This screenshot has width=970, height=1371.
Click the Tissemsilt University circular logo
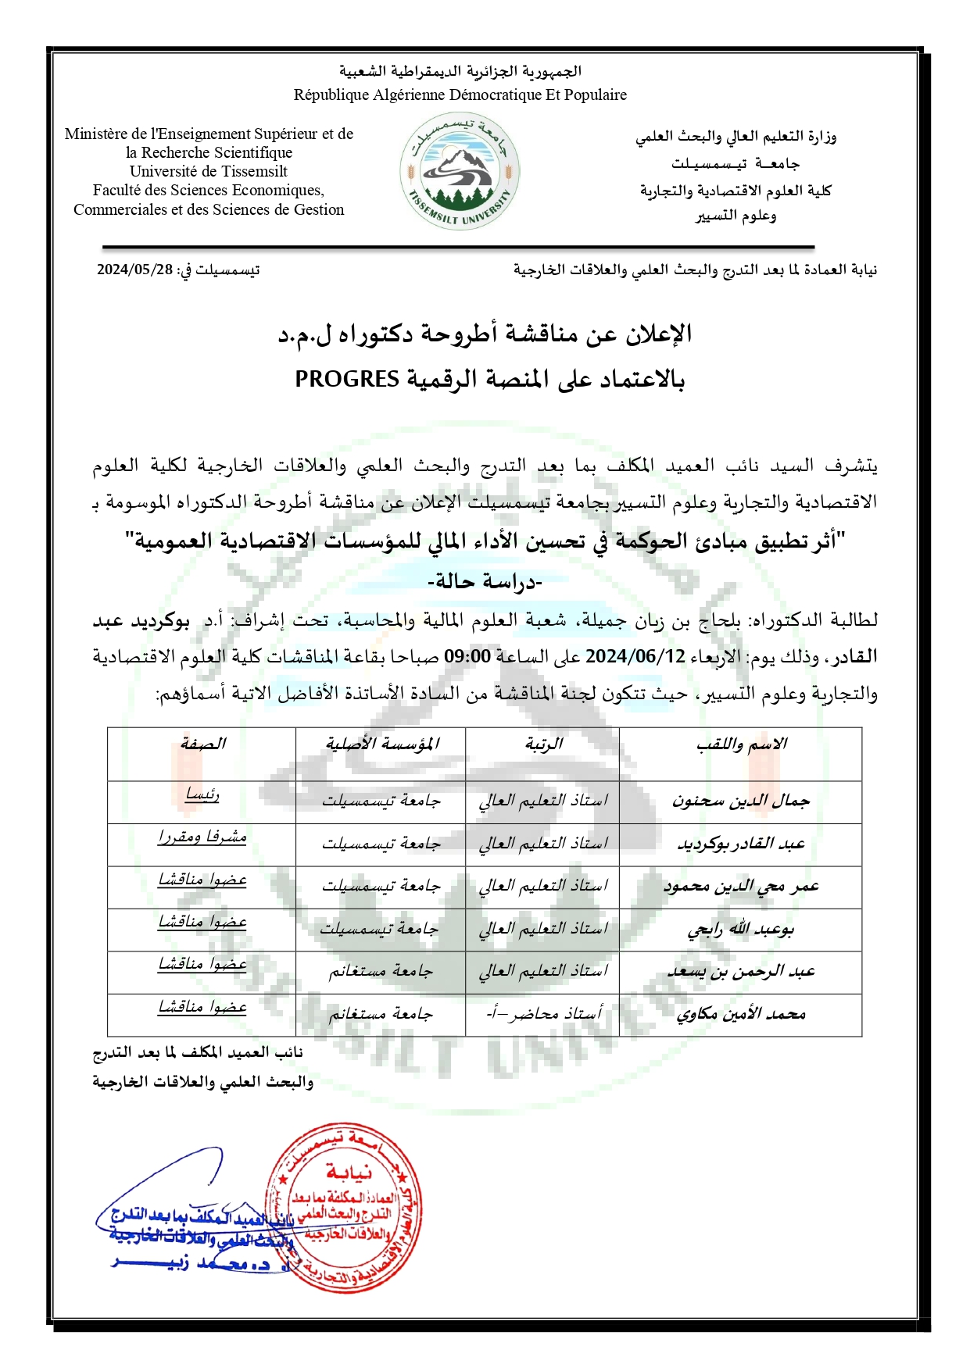point(460,172)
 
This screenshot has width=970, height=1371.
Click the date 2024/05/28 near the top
point(134,270)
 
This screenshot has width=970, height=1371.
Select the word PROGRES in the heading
point(347,380)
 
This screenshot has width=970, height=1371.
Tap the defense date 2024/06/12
point(635,656)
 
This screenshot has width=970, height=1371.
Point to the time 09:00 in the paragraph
point(467,656)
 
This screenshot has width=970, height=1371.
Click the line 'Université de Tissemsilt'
point(209,171)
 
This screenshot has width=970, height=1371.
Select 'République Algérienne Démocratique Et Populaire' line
point(460,95)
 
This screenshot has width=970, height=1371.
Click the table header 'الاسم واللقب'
point(741,744)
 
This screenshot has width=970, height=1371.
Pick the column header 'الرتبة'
point(544,744)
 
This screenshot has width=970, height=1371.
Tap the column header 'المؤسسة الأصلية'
point(381,744)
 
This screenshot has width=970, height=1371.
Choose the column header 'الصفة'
point(202,744)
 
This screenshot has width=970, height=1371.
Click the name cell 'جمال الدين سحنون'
point(741,802)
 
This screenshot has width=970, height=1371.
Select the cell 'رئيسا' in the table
point(202,796)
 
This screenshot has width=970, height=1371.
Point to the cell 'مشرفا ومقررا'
point(202,837)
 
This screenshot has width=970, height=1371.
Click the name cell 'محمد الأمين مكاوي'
point(741,1015)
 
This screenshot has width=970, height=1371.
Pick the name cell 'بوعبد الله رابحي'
point(741,930)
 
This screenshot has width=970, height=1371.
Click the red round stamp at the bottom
point(344,1209)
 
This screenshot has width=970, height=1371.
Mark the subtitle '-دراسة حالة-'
point(485,582)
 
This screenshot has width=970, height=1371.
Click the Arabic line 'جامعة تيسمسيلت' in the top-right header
point(736,164)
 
